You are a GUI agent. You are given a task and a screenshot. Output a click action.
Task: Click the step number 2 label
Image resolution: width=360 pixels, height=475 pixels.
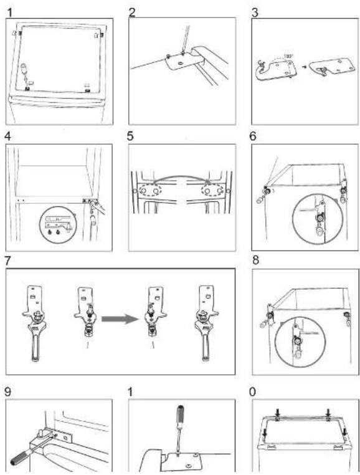132,12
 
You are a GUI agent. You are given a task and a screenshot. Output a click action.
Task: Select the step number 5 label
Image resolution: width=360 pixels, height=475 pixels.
130,137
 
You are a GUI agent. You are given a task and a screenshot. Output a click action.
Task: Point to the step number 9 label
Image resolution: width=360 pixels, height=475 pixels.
7,391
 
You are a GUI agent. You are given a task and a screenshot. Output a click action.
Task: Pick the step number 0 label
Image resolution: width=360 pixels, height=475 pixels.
252,392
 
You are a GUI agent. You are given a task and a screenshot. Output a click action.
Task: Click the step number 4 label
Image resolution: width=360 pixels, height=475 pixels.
7,137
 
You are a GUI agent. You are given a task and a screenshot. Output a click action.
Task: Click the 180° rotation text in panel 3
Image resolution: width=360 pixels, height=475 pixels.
287,56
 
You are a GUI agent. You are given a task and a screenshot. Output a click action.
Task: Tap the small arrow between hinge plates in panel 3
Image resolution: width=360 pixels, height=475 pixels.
305,66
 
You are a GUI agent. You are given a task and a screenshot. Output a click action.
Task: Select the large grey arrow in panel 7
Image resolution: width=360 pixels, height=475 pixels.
120,319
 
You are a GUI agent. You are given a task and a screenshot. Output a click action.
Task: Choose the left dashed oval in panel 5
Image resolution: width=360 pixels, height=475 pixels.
150,191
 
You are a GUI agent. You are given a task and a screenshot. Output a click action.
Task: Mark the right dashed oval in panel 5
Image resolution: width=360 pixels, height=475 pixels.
213,191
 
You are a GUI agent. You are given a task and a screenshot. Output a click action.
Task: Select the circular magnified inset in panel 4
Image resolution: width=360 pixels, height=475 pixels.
58,224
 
